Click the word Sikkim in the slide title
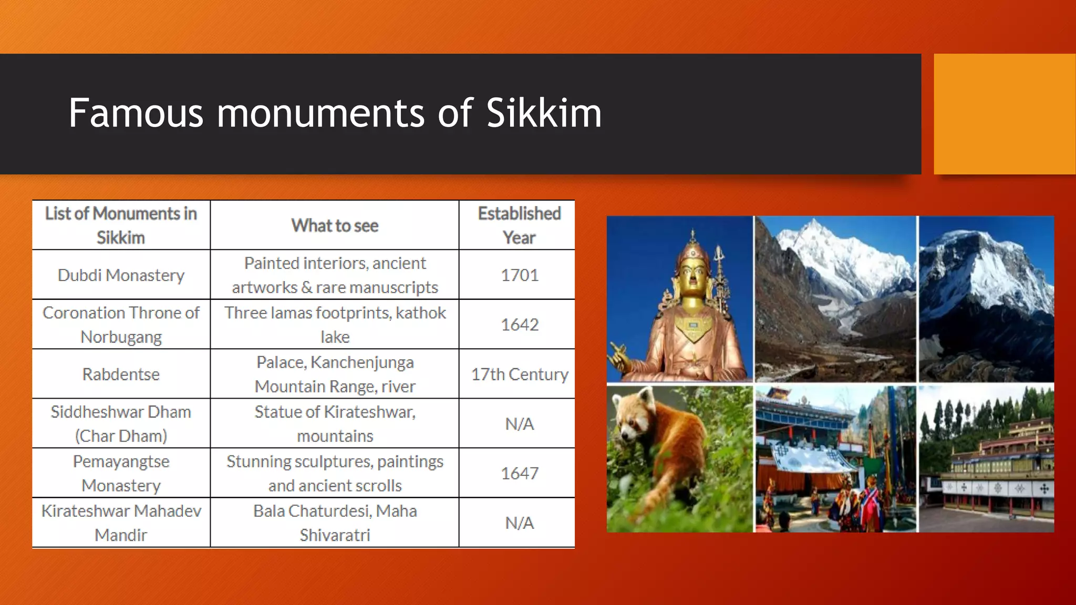point(544,113)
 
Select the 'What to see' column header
point(335,225)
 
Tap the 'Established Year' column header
point(519,225)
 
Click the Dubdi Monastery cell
point(121,275)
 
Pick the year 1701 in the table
point(519,275)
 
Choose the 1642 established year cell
point(519,325)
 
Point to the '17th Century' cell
point(519,374)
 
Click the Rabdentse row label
point(121,374)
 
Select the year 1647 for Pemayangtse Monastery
point(519,473)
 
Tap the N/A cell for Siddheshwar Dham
point(519,424)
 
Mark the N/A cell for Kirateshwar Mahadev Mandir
point(519,523)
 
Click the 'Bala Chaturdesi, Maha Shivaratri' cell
point(335,523)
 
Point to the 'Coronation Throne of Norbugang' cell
point(121,325)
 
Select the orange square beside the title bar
point(1004,113)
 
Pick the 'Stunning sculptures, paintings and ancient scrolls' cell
point(335,473)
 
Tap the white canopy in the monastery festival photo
point(809,457)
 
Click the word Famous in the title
point(136,113)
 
